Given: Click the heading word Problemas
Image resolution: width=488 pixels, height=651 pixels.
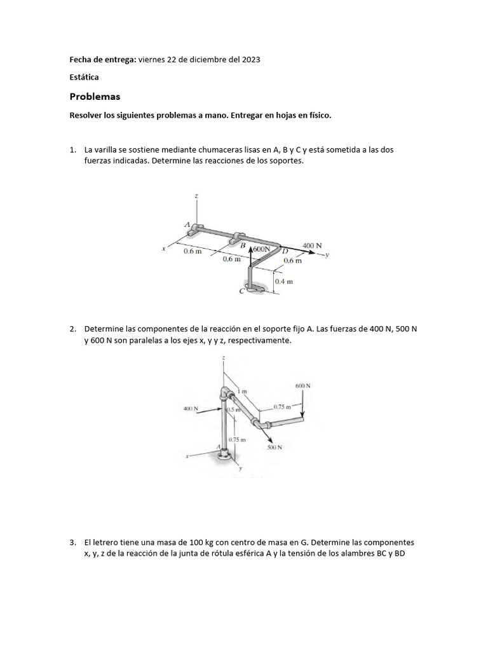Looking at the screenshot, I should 94,97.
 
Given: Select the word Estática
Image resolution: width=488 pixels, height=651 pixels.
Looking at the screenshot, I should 84,77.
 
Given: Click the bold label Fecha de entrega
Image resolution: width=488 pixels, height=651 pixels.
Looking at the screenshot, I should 102,59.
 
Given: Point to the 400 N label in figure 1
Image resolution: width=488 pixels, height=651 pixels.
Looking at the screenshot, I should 312,245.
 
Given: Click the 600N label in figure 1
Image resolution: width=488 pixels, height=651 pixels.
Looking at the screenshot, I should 261,249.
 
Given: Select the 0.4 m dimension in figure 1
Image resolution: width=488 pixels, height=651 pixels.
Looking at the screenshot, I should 284,280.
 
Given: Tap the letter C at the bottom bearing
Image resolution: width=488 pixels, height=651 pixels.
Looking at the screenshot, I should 241,291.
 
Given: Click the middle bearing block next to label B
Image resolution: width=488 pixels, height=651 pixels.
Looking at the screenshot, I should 239,238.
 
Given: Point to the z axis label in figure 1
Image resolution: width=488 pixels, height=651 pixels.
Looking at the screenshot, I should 196,196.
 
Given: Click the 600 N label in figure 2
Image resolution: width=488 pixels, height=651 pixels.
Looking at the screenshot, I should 303,386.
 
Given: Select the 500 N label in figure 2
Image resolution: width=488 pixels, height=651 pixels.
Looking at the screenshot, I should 274,447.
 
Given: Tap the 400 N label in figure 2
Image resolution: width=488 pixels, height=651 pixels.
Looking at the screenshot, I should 191,409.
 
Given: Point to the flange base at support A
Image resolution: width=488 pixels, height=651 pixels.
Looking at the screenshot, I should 225,454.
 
